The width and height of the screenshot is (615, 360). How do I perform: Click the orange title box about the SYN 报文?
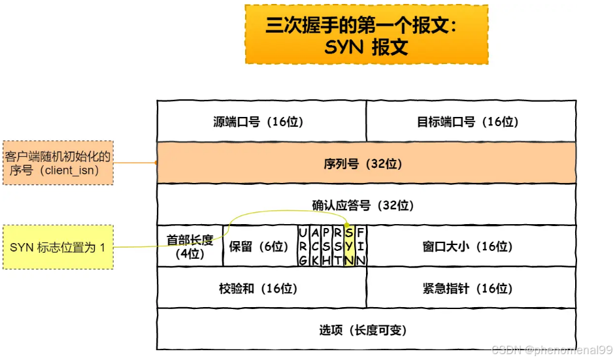[x=366, y=35]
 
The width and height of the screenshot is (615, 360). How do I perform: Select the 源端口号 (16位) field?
[x=261, y=122]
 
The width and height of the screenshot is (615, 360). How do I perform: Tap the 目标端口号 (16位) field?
[x=471, y=122]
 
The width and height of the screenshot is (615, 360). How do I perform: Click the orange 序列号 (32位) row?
[x=366, y=163]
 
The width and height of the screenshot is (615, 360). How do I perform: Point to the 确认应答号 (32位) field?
[x=366, y=205]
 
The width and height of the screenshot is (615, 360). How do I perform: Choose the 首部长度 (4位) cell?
[x=190, y=246]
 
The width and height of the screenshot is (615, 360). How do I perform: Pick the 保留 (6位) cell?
[x=259, y=246]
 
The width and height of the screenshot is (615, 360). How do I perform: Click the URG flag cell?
[x=302, y=246]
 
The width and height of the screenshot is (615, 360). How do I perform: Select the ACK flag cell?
[x=314, y=246]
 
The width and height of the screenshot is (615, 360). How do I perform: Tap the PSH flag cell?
[x=326, y=246]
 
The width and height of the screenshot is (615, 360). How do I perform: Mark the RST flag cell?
[x=337, y=246]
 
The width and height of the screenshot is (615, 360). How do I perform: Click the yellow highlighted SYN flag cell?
[x=349, y=246]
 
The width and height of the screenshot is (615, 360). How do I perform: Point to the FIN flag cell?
[x=361, y=246]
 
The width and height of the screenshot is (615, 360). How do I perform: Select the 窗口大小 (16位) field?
[x=471, y=246]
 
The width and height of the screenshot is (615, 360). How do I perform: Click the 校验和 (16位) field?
[x=261, y=288]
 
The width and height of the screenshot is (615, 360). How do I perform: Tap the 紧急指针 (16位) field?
[x=471, y=288]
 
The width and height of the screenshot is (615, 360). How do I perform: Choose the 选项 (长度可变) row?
[x=366, y=330]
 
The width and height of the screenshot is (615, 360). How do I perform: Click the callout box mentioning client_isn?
[x=58, y=163]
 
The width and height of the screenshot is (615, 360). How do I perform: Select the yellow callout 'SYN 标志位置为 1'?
[x=58, y=247]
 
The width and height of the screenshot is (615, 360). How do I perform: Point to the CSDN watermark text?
[x=552, y=350]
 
